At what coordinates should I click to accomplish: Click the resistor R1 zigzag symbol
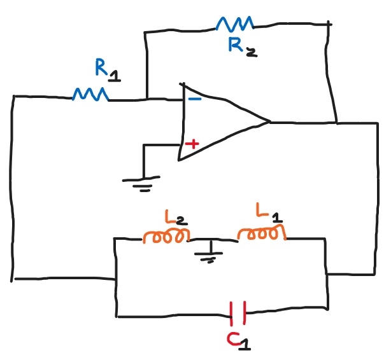tap(91, 95)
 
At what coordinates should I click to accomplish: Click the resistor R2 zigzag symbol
tap(235, 24)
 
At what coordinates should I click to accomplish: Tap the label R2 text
tap(241, 46)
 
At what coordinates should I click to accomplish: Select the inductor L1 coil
tap(262, 235)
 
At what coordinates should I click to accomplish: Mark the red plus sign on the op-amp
tap(191, 144)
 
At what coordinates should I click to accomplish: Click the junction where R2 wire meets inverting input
tap(146, 98)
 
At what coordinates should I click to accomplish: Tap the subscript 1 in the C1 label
tap(246, 345)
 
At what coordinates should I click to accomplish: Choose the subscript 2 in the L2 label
tap(181, 221)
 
